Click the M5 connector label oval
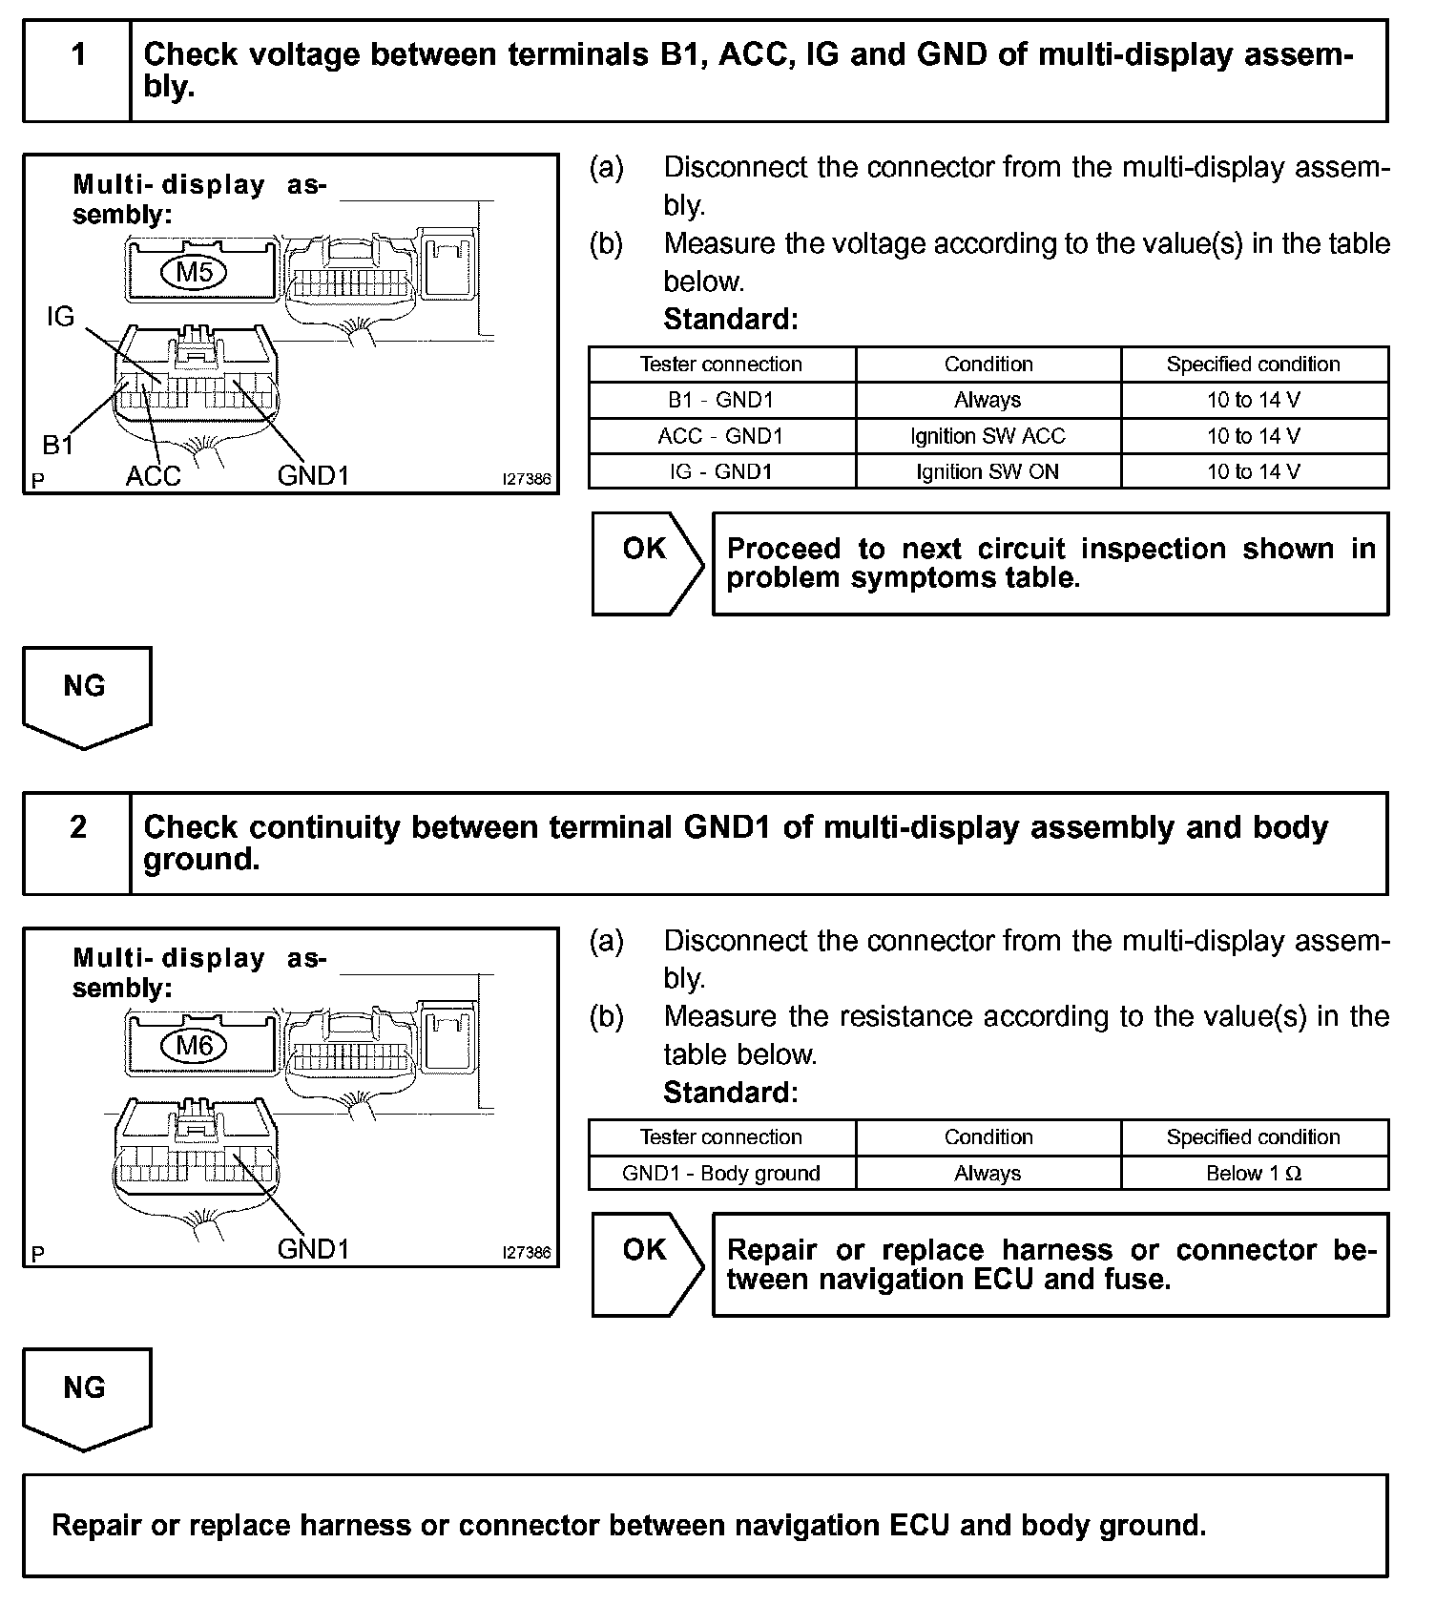(195, 273)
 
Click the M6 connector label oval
(195, 1046)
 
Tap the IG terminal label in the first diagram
(60, 317)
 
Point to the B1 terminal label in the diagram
(58, 445)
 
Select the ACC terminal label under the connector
(153, 476)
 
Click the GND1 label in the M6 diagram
(313, 1248)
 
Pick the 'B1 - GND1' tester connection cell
(721, 400)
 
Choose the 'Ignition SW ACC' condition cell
(988, 436)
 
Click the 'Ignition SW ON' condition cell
(988, 471)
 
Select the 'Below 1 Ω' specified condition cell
(1254, 1173)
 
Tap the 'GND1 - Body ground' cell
(721, 1173)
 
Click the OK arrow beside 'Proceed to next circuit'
(647, 563)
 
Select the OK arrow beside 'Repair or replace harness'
(647, 1263)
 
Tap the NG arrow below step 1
(86, 696)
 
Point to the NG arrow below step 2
(86, 1397)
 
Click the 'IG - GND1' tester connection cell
(721, 471)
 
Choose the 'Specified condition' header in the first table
(1254, 365)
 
